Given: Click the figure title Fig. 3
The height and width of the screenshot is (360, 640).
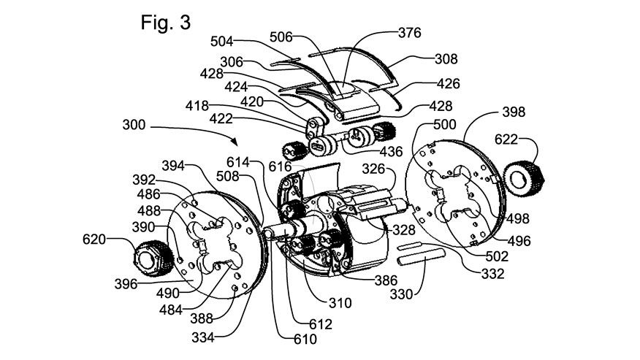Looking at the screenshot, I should point(166,23).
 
